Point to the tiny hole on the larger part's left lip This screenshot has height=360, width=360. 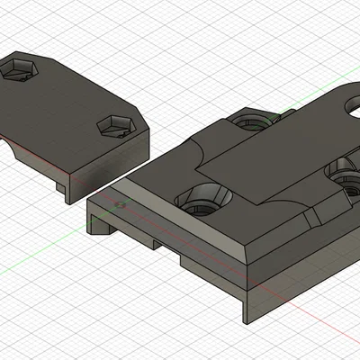click(119, 205)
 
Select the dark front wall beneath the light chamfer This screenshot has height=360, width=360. click(207, 256)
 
